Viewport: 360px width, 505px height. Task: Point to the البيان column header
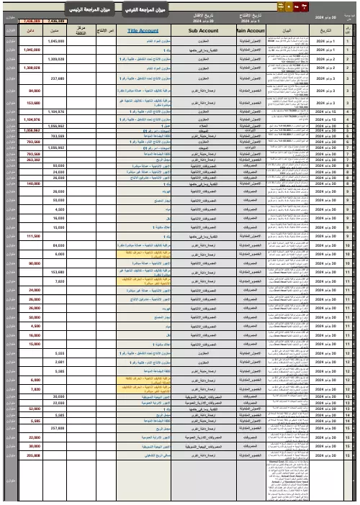pyautogui.click(x=287, y=32)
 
